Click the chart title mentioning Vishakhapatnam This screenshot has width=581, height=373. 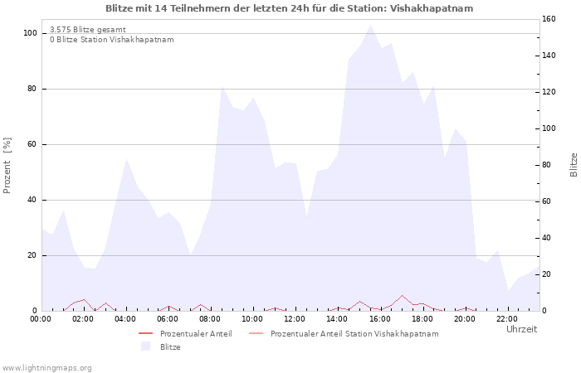point(290,8)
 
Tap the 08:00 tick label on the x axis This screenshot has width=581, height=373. point(210,318)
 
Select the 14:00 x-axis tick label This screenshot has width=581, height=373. point(338,318)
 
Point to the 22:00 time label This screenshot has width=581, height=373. point(507,318)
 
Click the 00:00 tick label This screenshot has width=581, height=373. point(41,318)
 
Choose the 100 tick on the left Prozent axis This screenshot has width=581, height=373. point(30,33)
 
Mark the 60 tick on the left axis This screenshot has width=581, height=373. point(32,144)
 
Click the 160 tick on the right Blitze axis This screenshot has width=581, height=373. point(549,19)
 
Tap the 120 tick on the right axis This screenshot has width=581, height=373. point(549,92)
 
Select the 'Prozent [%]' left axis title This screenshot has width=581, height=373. point(7,166)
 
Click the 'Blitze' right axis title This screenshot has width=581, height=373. point(574,164)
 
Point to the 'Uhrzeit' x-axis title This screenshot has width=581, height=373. point(521,329)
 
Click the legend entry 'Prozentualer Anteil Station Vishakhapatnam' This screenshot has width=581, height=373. point(354,333)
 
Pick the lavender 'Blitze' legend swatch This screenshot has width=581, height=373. point(146,346)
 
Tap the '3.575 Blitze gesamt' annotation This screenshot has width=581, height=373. point(87,29)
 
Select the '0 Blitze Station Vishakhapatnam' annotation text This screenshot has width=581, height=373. point(111,39)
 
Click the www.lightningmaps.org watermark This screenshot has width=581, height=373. point(46,367)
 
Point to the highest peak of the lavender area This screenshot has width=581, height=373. point(371,26)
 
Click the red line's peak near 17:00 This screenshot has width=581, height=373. point(403,296)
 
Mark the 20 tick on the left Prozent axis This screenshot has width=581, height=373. point(32,255)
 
